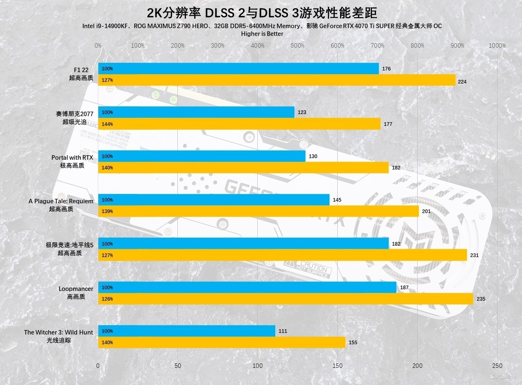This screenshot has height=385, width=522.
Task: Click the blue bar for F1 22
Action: [238, 68]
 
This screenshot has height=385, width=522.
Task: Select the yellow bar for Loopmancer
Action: [285, 299]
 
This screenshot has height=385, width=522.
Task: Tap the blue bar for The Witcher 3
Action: [186, 331]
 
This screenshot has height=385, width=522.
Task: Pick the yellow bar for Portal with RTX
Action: [243, 167]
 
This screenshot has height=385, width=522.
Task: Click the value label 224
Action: [462, 81]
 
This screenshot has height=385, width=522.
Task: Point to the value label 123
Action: [302, 112]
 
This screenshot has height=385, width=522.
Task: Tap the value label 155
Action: [353, 342]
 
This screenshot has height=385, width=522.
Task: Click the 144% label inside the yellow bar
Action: [107, 124]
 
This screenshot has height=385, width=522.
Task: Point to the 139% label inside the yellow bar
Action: [107, 211]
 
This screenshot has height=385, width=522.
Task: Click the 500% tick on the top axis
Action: [298, 46]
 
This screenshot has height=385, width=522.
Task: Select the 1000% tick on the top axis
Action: [497, 46]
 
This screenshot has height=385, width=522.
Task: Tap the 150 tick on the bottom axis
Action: [337, 366]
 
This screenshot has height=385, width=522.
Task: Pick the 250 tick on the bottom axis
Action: [497, 366]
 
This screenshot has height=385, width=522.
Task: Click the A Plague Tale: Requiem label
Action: [61, 201]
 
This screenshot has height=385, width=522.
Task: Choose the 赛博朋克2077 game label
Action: [75, 114]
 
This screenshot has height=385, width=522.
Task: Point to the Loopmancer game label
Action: [76, 289]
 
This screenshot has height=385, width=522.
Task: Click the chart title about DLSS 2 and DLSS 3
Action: [261, 13]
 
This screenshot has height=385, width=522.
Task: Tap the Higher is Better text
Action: [262, 34]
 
